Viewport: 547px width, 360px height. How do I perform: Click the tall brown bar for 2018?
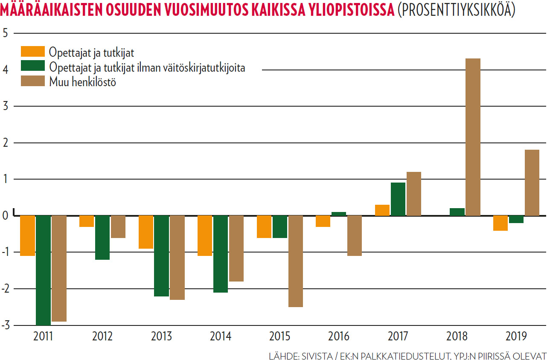click(473, 137)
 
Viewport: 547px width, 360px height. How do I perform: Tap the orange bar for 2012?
click(87, 221)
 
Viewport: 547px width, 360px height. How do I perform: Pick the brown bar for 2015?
click(296, 261)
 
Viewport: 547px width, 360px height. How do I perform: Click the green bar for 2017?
click(398, 199)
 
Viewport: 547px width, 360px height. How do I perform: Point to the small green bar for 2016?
click(339, 214)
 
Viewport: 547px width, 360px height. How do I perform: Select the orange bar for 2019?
click(500, 223)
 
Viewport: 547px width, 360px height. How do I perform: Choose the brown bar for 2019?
click(532, 183)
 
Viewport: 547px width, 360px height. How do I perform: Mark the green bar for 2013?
click(161, 255)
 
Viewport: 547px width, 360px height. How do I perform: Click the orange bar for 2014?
click(205, 235)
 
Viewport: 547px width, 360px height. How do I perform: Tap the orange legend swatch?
click(33, 52)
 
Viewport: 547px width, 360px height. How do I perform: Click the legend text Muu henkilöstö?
click(82, 82)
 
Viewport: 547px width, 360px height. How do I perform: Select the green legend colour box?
click(33, 66)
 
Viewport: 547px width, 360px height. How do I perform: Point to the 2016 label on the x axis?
click(339, 337)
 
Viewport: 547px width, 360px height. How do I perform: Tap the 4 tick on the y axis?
click(6, 70)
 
